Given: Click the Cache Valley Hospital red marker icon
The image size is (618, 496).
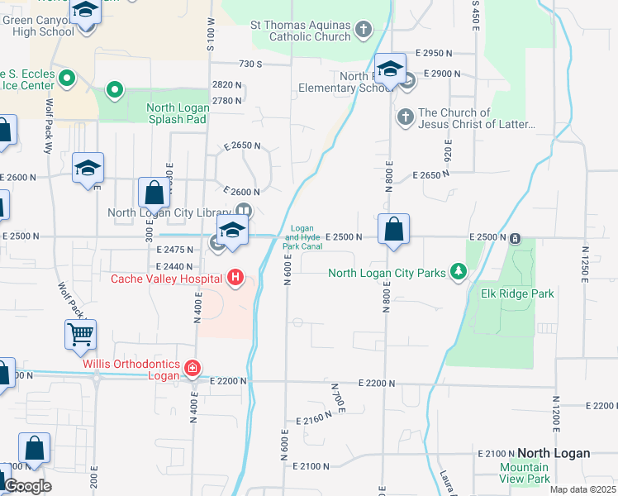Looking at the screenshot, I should coord(235,277).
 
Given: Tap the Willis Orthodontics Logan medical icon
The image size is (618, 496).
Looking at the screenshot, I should coord(193,367).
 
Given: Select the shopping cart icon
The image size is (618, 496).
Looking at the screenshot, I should coord(80,334).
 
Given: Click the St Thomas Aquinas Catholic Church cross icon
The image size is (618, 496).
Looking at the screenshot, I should coord(363,31).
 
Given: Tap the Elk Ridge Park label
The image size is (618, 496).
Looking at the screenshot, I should coord(517,293).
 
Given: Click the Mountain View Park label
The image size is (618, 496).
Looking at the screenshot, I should coord(524,473).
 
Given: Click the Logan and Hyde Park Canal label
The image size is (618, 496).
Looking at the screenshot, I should coord(302,237).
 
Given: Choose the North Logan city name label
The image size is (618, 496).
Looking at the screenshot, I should coord(554,453).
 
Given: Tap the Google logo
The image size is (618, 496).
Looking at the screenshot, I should coord(27,486).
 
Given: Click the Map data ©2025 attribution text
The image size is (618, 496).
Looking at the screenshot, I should coord(582,489).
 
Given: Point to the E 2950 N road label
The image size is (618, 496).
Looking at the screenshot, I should coord(435,52).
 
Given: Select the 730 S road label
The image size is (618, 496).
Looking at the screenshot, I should coord(250,64).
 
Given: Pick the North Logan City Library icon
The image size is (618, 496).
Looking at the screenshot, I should coord(246,212).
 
